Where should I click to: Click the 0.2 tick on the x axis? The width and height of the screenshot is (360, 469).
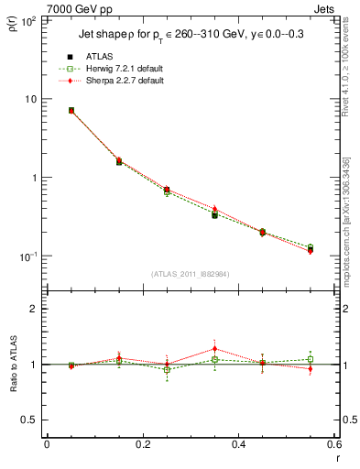[143, 444]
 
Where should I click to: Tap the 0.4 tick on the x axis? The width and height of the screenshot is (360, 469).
[239, 444]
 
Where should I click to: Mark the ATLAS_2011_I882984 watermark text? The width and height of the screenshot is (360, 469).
[190, 274]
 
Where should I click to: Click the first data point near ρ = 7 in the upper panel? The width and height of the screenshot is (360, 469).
[71, 110]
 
